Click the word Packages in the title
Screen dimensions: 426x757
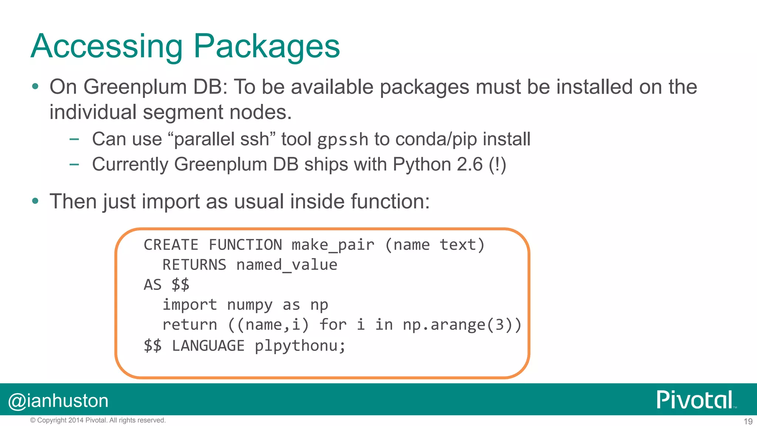266,46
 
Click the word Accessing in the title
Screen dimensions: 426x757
107,46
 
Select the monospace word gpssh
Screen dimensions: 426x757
343,140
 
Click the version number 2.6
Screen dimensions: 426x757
469,164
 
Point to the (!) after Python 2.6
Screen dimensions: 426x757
497,164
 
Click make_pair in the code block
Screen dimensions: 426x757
333,245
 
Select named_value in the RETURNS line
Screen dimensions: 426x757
286,265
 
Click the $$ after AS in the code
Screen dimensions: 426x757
180,285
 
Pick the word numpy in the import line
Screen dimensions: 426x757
249,305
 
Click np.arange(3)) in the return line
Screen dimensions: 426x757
462,325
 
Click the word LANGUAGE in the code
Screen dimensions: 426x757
208,346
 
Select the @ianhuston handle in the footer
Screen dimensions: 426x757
58,401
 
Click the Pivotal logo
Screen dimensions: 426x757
695,400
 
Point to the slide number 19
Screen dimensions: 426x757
748,421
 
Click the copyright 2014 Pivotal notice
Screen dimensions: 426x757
98,420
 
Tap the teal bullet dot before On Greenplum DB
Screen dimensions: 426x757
35,87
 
